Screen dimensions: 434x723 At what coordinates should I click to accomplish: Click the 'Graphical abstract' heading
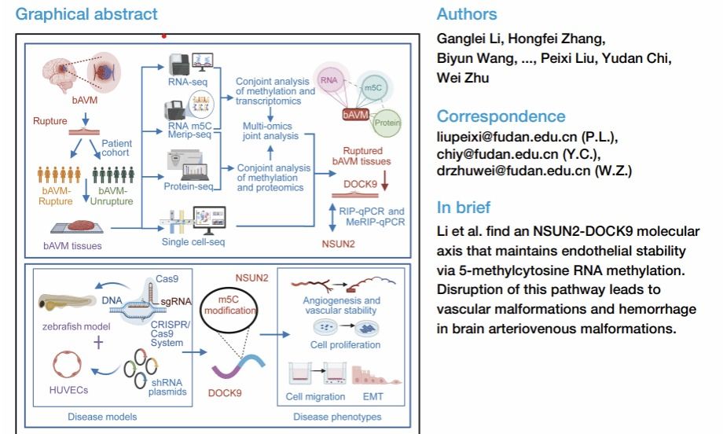[x=86, y=14]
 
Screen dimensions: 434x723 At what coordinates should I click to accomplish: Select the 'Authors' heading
[x=467, y=14]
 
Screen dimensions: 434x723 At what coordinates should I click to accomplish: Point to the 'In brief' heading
[x=464, y=208]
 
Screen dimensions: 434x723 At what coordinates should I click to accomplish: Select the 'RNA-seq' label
[x=188, y=82]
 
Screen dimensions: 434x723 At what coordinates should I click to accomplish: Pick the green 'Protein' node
[x=387, y=123]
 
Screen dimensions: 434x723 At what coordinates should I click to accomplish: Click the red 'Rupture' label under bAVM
[x=50, y=122]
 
